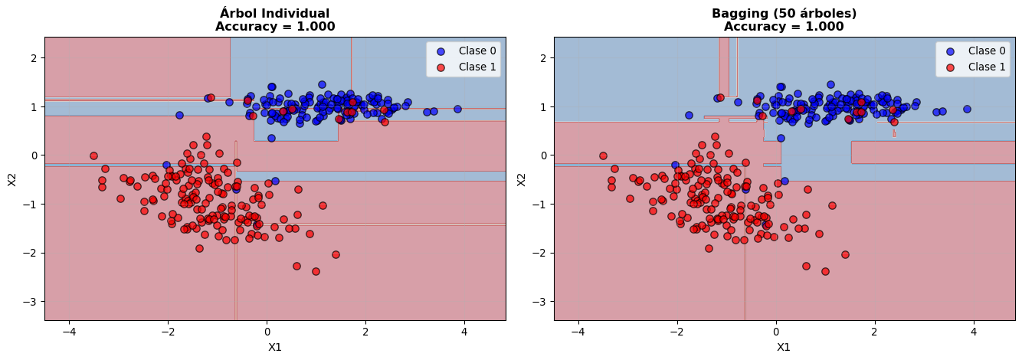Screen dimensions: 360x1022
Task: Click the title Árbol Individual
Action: pos(275,13)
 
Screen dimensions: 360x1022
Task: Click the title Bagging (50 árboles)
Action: pos(784,13)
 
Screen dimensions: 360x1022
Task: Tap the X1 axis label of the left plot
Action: pos(275,347)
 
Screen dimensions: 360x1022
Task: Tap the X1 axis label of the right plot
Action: pos(784,347)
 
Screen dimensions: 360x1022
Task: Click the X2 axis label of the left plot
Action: pos(11,178)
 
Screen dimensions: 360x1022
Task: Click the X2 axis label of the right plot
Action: pos(521,178)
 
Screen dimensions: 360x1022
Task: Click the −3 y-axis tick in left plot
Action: pos(31,302)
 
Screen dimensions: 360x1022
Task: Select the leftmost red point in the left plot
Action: pos(93,155)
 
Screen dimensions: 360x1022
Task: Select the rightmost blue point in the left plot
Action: pos(457,109)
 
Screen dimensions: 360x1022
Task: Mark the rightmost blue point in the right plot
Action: pos(967,109)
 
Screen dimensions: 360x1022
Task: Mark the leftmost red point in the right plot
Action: pos(603,155)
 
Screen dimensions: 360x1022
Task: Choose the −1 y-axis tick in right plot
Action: pos(539,205)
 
